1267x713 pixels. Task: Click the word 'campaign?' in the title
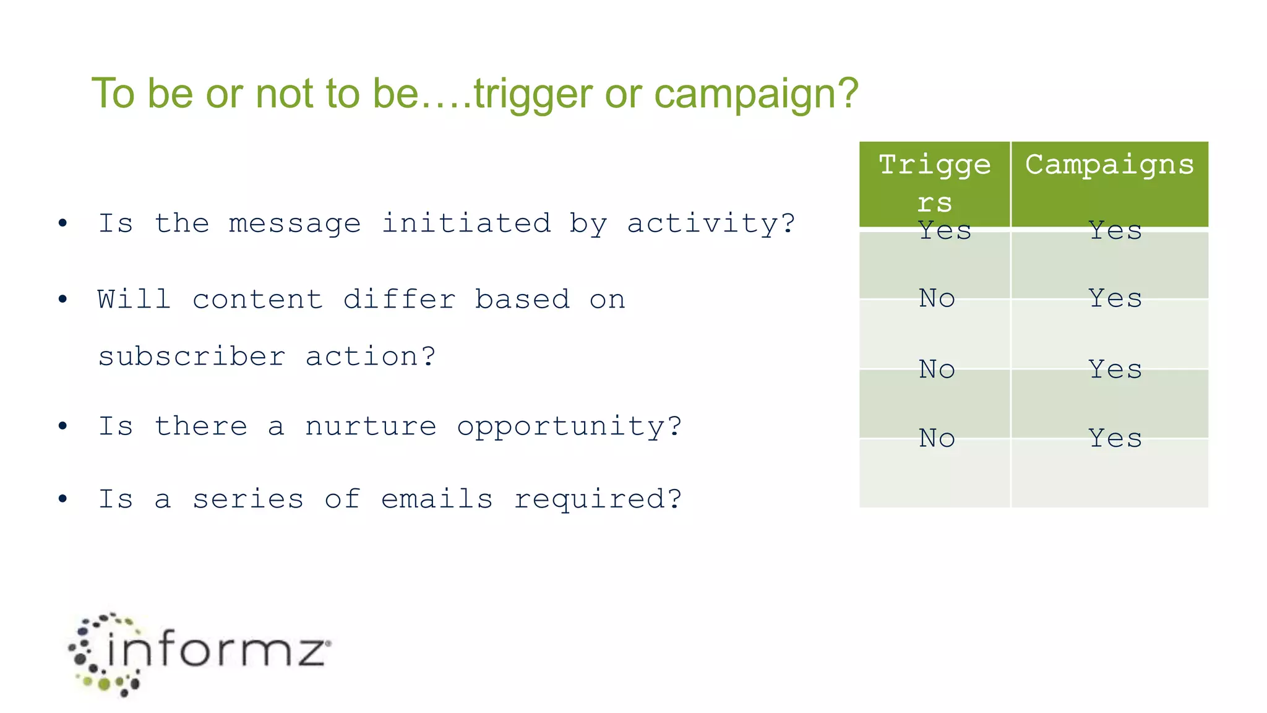tap(756, 94)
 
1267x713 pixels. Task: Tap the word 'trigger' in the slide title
tap(533, 94)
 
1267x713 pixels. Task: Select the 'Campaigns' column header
tap(1109, 165)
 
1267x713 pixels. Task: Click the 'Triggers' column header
tap(935, 183)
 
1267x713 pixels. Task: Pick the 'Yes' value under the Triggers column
tap(945, 231)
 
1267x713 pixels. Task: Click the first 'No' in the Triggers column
tap(937, 298)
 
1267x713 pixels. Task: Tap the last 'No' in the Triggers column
tap(937, 438)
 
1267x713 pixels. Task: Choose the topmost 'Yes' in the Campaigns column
tap(1115, 231)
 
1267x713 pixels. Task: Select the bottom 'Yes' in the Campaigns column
tap(1115, 438)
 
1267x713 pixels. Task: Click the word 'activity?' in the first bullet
tap(711, 223)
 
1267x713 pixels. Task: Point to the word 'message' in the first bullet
tap(294, 223)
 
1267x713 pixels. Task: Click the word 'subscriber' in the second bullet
tap(192, 356)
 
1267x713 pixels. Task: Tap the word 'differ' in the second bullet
tap(400, 300)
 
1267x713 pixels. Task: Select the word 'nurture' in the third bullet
tap(371, 426)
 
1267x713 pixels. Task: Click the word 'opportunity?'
tap(569, 426)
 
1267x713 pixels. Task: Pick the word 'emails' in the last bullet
tap(437, 499)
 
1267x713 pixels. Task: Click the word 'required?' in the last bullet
tap(598, 499)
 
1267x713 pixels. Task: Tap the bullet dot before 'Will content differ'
tap(62, 300)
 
